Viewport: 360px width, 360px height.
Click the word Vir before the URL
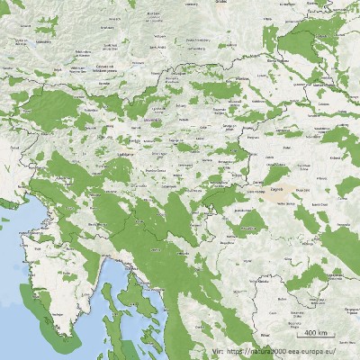215,352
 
